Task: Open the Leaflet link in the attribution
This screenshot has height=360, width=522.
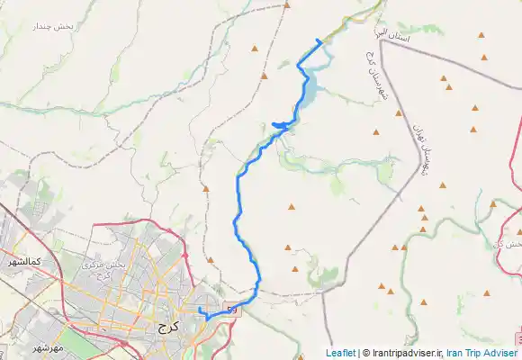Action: [x=340, y=354]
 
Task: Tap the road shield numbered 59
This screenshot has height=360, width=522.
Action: [x=232, y=310]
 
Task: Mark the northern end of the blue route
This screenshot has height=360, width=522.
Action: [x=319, y=40]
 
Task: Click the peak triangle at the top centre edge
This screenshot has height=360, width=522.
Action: [x=286, y=4]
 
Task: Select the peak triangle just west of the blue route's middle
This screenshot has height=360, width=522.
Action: [x=206, y=188]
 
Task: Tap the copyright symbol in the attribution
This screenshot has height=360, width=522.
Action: [x=364, y=354]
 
